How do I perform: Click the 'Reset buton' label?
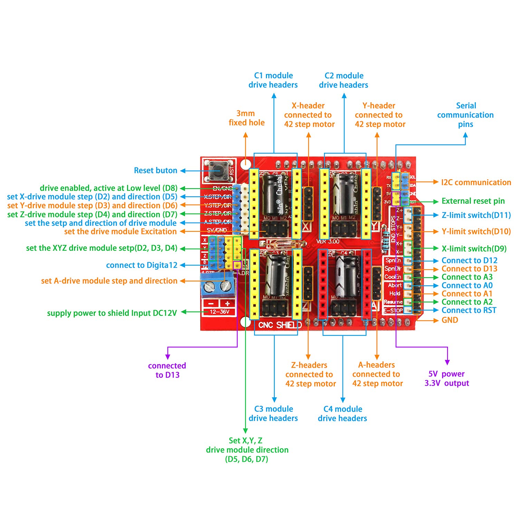(x=155, y=170)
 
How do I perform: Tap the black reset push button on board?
(x=218, y=170)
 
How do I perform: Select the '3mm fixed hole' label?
(x=246, y=118)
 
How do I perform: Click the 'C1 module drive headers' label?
(x=273, y=80)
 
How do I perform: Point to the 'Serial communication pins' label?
(x=466, y=115)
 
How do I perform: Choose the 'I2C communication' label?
(x=476, y=182)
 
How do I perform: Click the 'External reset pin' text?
(x=473, y=201)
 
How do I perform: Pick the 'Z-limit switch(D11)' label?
(x=476, y=215)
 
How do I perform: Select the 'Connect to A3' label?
(x=467, y=277)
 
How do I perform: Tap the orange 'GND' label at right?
(x=450, y=320)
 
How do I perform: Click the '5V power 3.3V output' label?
(x=447, y=378)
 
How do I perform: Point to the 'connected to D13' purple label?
(x=167, y=370)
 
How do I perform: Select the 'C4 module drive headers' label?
(x=342, y=413)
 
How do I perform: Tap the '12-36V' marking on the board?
(x=219, y=312)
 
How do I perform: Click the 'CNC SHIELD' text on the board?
(x=280, y=325)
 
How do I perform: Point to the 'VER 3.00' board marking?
(x=328, y=241)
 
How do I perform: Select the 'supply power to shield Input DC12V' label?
(x=112, y=313)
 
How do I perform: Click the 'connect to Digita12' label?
(x=142, y=265)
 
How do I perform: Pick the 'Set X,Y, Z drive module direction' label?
(x=247, y=450)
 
